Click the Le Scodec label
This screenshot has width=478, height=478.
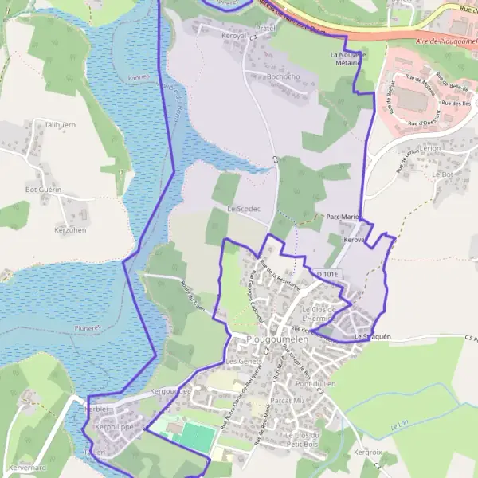(x=245, y=209)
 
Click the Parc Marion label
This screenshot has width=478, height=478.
(x=344, y=217)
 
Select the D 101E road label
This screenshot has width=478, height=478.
(x=327, y=274)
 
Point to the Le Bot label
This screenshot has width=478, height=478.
(x=442, y=173)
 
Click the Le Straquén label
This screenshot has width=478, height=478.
(x=372, y=337)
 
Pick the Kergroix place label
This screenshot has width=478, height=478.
(x=367, y=452)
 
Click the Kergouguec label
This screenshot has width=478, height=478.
(x=170, y=392)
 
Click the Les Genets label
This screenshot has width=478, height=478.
(x=243, y=361)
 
